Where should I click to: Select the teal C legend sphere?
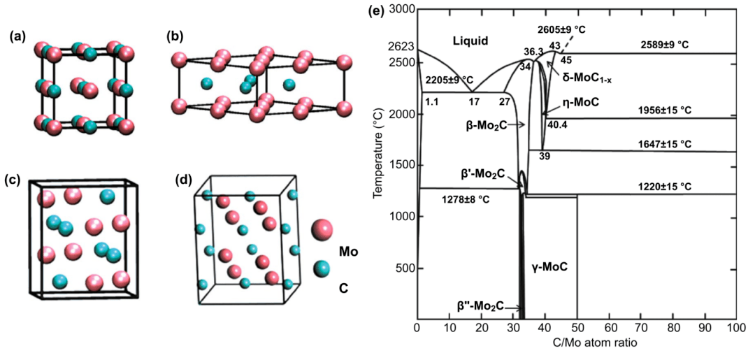pos(322,268)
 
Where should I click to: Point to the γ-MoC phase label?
pos(545,266)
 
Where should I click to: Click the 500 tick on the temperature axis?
pos(402,268)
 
